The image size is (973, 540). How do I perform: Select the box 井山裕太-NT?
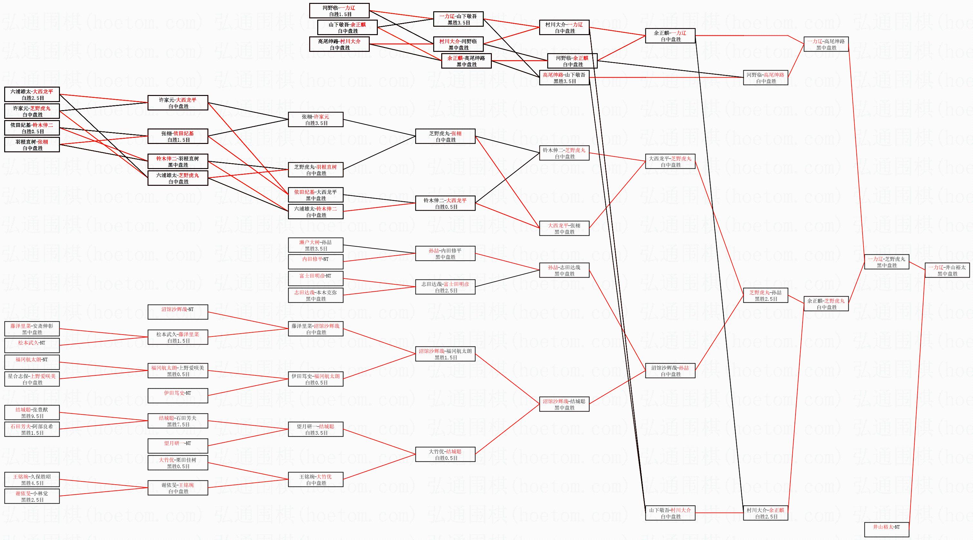[x=886, y=529]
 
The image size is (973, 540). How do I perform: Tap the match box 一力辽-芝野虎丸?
[x=886, y=262]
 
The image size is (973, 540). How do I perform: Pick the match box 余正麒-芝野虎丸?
[x=826, y=304]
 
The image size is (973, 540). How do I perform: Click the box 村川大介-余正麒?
[x=765, y=513]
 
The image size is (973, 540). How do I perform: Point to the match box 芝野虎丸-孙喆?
[x=765, y=295]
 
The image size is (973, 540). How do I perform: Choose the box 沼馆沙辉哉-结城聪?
[x=564, y=404]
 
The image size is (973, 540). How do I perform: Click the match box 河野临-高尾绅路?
[x=765, y=78]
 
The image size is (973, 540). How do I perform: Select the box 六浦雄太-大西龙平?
[x=32, y=94]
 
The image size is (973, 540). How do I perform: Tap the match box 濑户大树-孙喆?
[x=315, y=245]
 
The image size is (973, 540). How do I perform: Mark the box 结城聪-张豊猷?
[x=32, y=412]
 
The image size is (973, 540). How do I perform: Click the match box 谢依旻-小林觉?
[x=32, y=496]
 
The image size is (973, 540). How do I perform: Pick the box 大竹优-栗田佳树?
[x=177, y=463]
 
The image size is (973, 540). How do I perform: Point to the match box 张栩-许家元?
[x=315, y=120]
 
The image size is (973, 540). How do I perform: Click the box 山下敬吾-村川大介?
[x=670, y=513]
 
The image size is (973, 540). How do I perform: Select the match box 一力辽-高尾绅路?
[x=826, y=44]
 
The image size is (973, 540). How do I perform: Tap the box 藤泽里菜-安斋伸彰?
[x=32, y=329]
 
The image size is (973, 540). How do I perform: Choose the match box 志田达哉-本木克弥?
[x=315, y=295]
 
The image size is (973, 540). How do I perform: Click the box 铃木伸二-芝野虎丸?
[x=564, y=153]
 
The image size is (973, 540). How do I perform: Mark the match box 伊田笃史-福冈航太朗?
[x=315, y=379]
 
